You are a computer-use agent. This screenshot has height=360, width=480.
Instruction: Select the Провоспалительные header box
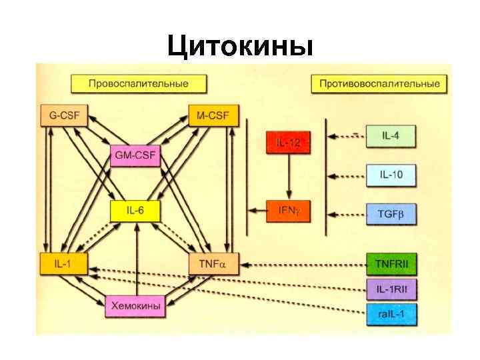tap(139, 84)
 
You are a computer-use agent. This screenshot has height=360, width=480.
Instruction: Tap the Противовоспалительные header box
tap(379, 84)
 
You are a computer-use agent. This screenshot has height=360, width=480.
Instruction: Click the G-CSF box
tap(64, 116)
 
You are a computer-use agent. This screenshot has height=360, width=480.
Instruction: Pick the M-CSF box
tap(213, 116)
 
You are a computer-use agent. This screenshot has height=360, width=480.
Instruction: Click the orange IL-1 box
tap(64, 264)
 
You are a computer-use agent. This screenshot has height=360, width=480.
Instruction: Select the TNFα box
tap(213, 264)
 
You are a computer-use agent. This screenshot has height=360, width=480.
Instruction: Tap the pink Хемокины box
tap(136, 305)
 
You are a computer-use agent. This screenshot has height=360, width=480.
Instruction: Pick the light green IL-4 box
tap(391, 136)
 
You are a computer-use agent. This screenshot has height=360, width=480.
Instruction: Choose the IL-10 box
tap(391, 175)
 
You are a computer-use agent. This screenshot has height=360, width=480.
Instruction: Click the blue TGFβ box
tap(391, 214)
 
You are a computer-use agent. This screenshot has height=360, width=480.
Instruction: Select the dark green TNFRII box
tap(391, 265)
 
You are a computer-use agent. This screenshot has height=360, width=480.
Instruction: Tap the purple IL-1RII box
tap(391, 288)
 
